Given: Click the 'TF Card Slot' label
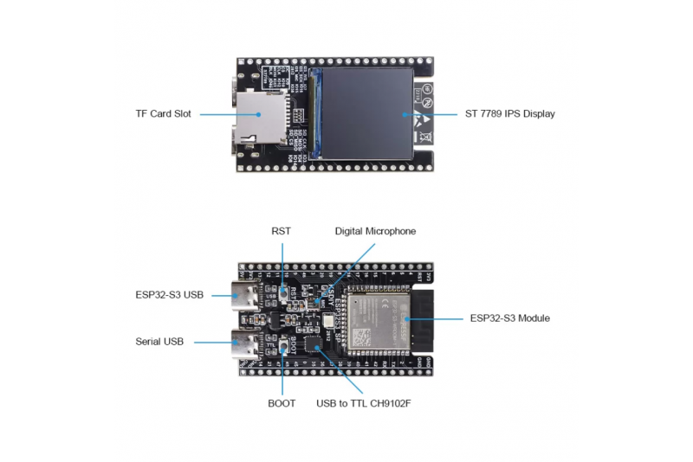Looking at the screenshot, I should [x=163, y=114].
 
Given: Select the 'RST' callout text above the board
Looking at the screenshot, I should [x=282, y=231].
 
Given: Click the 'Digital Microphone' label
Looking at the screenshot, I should [x=375, y=231].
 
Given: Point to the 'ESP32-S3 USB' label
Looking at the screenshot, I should [x=169, y=295].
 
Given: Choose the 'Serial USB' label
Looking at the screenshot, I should [x=159, y=342].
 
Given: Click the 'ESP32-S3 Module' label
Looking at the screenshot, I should [x=509, y=318].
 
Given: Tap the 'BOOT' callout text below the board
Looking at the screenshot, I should [x=282, y=403].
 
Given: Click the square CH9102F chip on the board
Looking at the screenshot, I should [x=318, y=347].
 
